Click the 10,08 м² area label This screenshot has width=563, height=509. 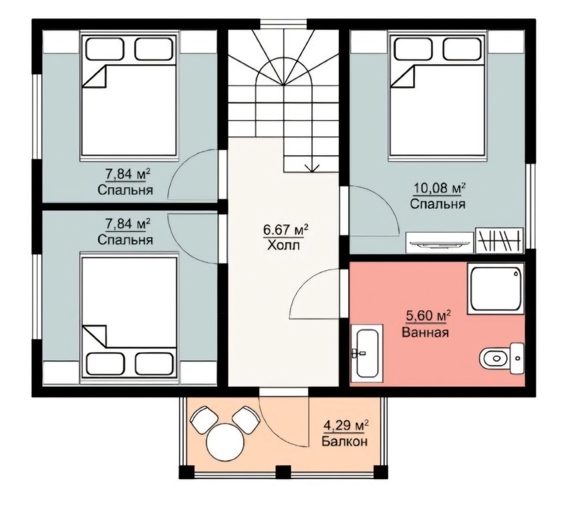point(440,187)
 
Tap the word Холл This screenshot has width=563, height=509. point(283,245)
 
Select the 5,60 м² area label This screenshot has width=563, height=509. point(428,316)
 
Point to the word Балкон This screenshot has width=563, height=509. point(344,441)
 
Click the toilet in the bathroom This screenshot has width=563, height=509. point(502,358)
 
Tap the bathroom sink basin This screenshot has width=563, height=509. point(366,352)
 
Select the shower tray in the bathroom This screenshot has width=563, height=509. point(496,289)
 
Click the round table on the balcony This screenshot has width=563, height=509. point(225,442)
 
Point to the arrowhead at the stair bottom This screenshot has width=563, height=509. point(312,168)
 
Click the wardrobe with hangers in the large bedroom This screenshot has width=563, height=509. point(500,240)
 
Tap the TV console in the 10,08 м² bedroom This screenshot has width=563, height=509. point(440,243)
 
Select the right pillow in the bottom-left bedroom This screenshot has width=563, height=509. point(154,364)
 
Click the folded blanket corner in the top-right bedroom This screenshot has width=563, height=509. point(404,77)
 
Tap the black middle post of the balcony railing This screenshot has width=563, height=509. point(283,472)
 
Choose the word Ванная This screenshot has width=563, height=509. point(425,332)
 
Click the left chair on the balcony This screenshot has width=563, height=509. point(204,420)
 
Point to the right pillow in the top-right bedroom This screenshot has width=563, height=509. point(462,49)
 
